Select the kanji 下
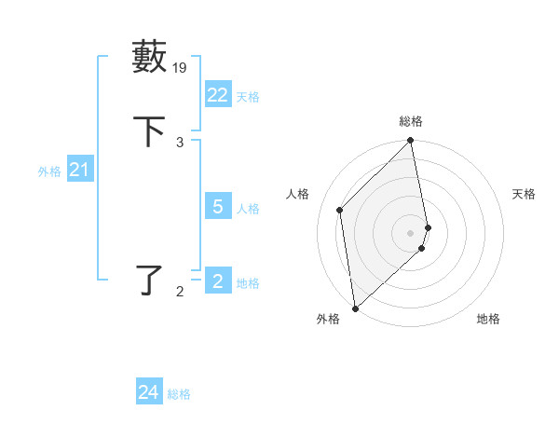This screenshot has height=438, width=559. point(149,130)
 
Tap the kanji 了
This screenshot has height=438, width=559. point(150,280)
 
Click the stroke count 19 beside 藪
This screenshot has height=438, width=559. point(181,67)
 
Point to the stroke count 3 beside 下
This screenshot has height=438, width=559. point(180,142)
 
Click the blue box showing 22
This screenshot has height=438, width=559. point(218,95)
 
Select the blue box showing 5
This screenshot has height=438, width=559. point(218,207)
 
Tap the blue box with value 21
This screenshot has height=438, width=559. point(80,170)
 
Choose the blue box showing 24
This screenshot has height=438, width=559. point(149,392)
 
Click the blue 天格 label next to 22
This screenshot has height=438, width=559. point(248,97)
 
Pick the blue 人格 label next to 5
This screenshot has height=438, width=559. point(248,209)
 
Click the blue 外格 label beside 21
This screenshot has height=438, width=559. point(49,171)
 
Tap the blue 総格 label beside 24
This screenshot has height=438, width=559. point(179,394)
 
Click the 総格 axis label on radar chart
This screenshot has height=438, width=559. point(411,121)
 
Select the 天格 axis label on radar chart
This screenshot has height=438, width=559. point(524,194)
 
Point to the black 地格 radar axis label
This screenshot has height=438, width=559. point(488,319)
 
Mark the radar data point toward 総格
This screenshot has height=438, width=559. point(411,142)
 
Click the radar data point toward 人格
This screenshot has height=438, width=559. point(340,210)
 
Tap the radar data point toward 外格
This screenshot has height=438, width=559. point(354,308)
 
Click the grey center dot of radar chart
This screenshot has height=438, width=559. point(411,232)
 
